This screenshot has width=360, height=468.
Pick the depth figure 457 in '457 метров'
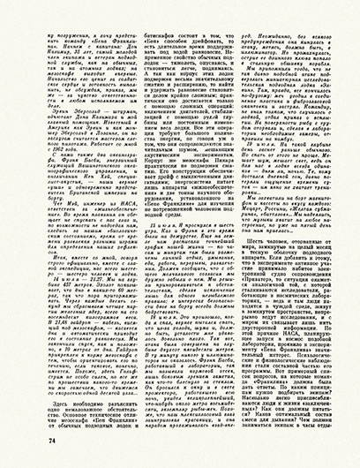tap(56, 255)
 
